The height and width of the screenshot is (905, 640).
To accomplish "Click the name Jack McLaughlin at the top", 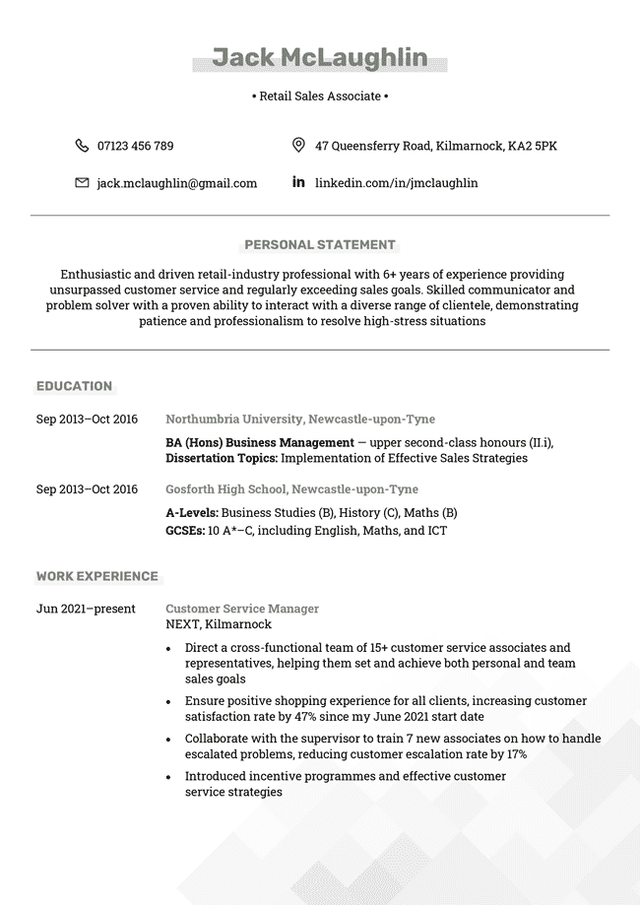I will tap(320, 58).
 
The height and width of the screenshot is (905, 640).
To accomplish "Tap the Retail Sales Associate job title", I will tap(320, 97).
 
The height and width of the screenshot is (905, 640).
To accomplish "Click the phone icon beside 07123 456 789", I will tap(82, 146).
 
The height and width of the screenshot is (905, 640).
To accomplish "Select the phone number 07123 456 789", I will tap(135, 146).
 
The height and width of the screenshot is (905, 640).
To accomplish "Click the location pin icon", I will tap(298, 146).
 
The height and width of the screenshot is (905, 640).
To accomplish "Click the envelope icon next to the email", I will tap(82, 183).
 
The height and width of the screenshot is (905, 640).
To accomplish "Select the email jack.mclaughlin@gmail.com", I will tap(176, 183).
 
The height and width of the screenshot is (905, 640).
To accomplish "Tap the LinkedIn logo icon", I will tap(298, 182).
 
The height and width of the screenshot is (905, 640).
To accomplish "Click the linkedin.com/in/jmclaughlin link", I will tap(396, 183).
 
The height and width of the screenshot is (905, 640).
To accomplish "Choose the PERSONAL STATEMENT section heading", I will tap(320, 245).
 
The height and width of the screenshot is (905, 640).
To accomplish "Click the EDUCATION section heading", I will tap(75, 386).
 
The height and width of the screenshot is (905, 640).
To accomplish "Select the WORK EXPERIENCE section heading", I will tap(97, 576).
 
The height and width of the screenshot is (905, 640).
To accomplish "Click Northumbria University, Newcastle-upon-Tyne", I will tap(300, 420).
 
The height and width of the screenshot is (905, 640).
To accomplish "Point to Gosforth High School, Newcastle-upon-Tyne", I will tap(291, 489).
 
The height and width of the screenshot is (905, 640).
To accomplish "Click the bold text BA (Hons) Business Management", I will tap(260, 443).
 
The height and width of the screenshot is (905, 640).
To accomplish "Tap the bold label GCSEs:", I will tap(185, 531).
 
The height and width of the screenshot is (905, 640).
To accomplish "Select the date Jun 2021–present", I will tap(86, 609).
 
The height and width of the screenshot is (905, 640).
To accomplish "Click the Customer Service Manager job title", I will tap(242, 609).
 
